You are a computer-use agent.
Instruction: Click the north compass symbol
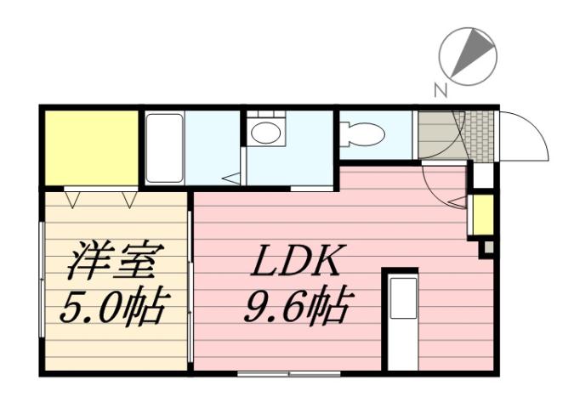pos(467,55)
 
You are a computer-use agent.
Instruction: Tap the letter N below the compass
pos(440,88)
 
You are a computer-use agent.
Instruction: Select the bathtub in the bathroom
pos(164,148)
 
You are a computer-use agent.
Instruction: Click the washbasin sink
pos(266,132)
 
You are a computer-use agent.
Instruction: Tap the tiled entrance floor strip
pos(481,134)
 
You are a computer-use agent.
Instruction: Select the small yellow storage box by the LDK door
pos(482,215)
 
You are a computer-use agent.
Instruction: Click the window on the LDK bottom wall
pos(288,372)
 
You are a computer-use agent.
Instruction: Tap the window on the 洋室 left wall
pos(42,280)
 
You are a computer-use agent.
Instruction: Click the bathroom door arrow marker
pos(231,178)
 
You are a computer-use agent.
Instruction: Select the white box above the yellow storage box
pos(482,176)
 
